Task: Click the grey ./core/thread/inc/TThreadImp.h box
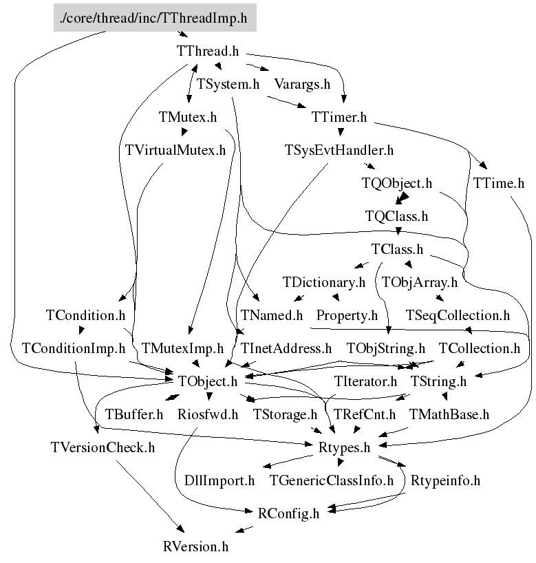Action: point(155,18)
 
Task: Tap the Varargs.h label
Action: point(303,85)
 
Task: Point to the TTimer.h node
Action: point(339,118)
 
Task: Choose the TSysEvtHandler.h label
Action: point(339,151)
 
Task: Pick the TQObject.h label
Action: point(397,184)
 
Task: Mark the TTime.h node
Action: point(499,184)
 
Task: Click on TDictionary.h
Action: point(323,282)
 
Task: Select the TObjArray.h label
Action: point(420,282)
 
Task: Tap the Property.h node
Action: point(347,316)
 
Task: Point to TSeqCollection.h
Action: point(458,316)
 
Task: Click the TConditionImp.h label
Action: point(74,349)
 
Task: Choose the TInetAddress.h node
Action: point(286,349)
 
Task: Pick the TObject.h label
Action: point(208,381)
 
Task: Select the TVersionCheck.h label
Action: point(103,448)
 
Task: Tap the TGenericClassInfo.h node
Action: point(332,480)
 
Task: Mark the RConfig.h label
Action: point(289,513)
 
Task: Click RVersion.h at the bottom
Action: point(195,547)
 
